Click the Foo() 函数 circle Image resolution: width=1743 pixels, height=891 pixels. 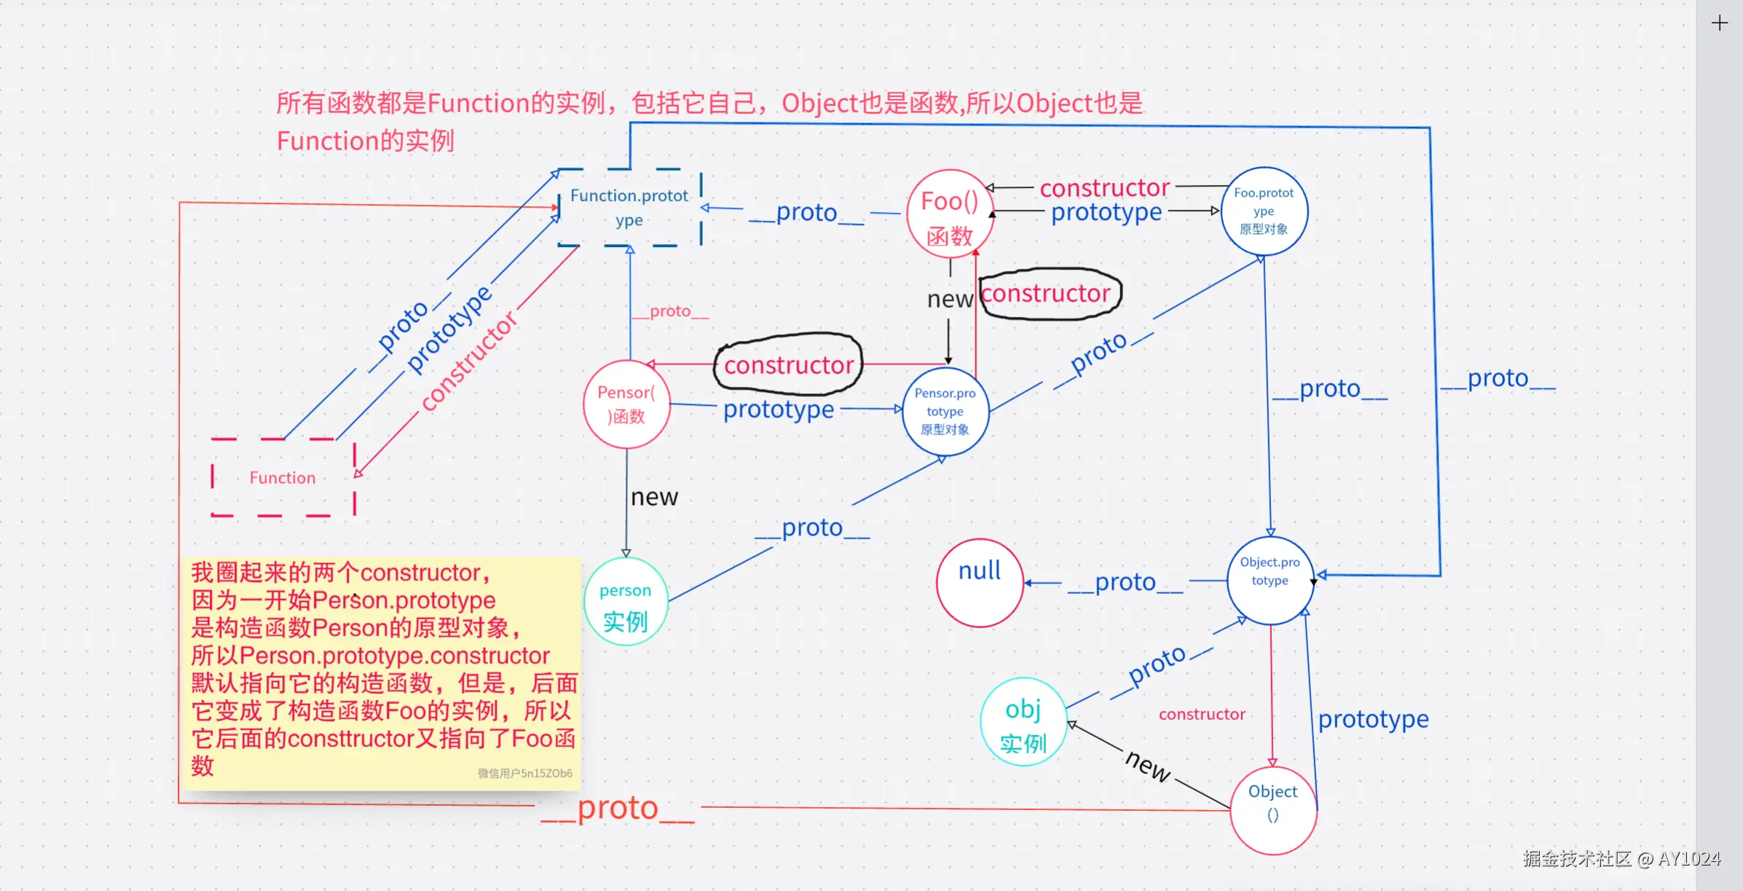950,214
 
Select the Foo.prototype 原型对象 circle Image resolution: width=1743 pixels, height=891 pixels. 1264,211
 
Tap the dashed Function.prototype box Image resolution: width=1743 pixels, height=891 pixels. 629,208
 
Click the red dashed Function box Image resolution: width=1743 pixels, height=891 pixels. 283,477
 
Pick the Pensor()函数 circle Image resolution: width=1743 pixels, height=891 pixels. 626,404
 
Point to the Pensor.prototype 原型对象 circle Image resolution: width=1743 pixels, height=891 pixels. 945,412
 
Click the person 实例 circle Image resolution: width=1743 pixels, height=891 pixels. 625,602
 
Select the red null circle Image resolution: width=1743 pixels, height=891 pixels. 980,583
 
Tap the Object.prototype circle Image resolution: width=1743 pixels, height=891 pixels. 1270,580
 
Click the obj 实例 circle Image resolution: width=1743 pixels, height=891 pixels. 1023,722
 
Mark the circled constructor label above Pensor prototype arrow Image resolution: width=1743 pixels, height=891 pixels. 789,364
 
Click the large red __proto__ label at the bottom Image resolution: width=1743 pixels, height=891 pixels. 618,809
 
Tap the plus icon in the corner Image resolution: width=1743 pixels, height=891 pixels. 1719,23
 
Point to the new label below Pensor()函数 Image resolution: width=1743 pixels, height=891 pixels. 654,497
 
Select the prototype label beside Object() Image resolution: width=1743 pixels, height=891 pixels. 1373,719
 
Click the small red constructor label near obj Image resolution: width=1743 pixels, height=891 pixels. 1202,714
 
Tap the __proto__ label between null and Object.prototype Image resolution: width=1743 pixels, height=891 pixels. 1125,582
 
